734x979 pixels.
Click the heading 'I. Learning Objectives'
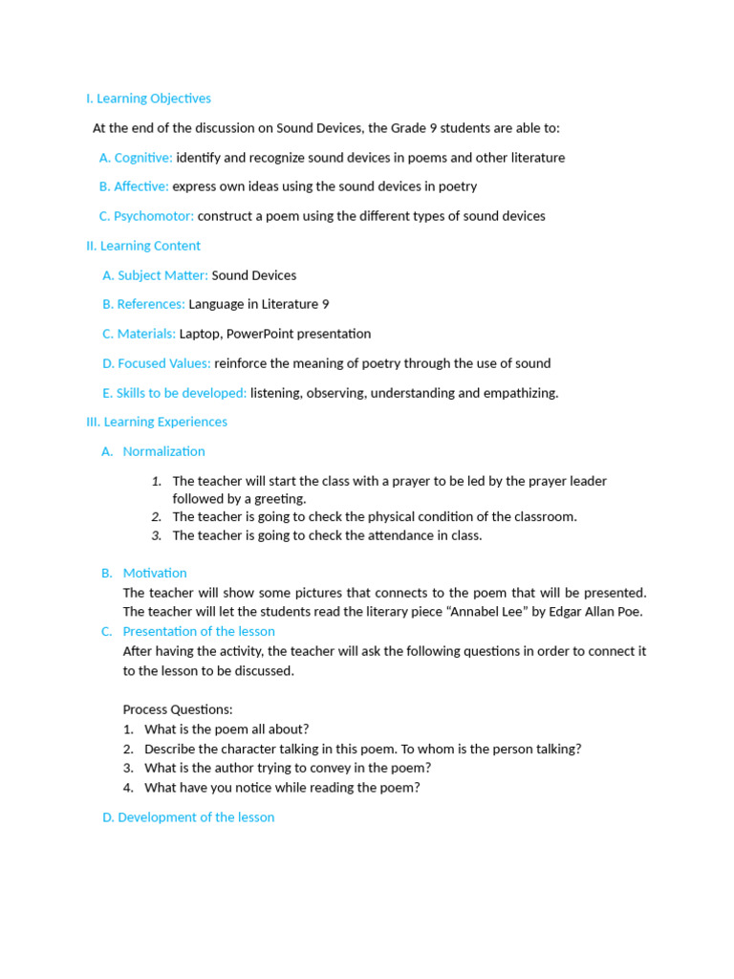148,98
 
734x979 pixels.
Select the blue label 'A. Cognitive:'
136,158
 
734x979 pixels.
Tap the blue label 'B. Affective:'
134,186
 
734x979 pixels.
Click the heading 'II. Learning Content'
143,246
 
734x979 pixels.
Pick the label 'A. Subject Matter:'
155,275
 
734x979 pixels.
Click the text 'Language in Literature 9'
259,304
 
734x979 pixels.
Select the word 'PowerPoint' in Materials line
260,334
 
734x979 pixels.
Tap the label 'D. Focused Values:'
157,363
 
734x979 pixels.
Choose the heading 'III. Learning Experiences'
157,422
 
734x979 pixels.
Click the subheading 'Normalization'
163,451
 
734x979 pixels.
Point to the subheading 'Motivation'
155,573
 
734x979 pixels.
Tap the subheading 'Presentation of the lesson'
199,631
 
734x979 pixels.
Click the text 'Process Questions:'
178,709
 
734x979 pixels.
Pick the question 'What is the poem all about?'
227,729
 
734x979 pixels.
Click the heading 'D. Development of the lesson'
188,817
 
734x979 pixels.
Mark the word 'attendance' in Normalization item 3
382,535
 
